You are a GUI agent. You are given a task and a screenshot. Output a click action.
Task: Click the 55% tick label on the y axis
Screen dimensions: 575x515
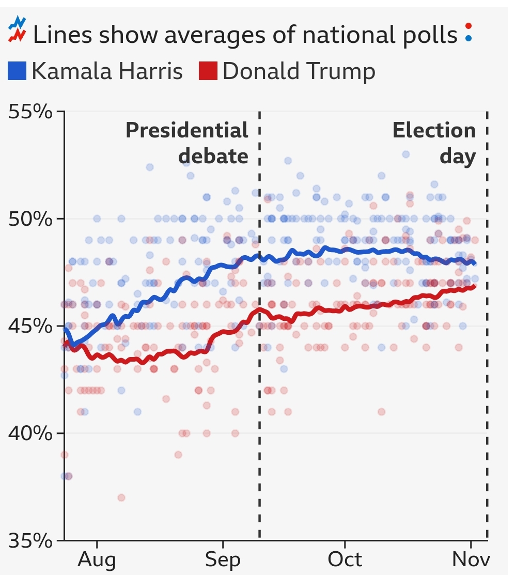(x=30, y=111)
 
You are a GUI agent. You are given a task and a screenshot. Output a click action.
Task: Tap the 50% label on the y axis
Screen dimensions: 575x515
(x=30, y=219)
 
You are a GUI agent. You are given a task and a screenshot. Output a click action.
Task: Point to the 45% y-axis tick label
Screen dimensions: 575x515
(x=30, y=326)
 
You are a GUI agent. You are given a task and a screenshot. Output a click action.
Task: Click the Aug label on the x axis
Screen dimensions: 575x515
(x=97, y=560)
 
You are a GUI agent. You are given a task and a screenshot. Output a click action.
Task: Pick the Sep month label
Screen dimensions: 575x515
(x=223, y=560)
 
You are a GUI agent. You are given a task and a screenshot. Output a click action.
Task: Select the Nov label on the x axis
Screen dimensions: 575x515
(x=471, y=560)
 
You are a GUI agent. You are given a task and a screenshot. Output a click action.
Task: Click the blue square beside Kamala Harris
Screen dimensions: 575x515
(x=17, y=71)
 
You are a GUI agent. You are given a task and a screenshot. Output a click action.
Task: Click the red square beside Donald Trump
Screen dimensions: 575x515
(x=208, y=71)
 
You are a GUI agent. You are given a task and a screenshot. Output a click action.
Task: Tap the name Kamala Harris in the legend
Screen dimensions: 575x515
(x=107, y=71)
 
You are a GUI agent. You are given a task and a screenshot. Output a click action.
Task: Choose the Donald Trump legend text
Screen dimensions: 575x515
(x=299, y=71)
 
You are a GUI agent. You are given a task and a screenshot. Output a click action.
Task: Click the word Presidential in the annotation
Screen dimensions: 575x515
(x=187, y=130)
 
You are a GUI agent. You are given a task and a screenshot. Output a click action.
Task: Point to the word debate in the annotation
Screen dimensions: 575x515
(x=213, y=156)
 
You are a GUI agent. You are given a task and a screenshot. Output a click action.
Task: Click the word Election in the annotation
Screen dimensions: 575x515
(x=434, y=130)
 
